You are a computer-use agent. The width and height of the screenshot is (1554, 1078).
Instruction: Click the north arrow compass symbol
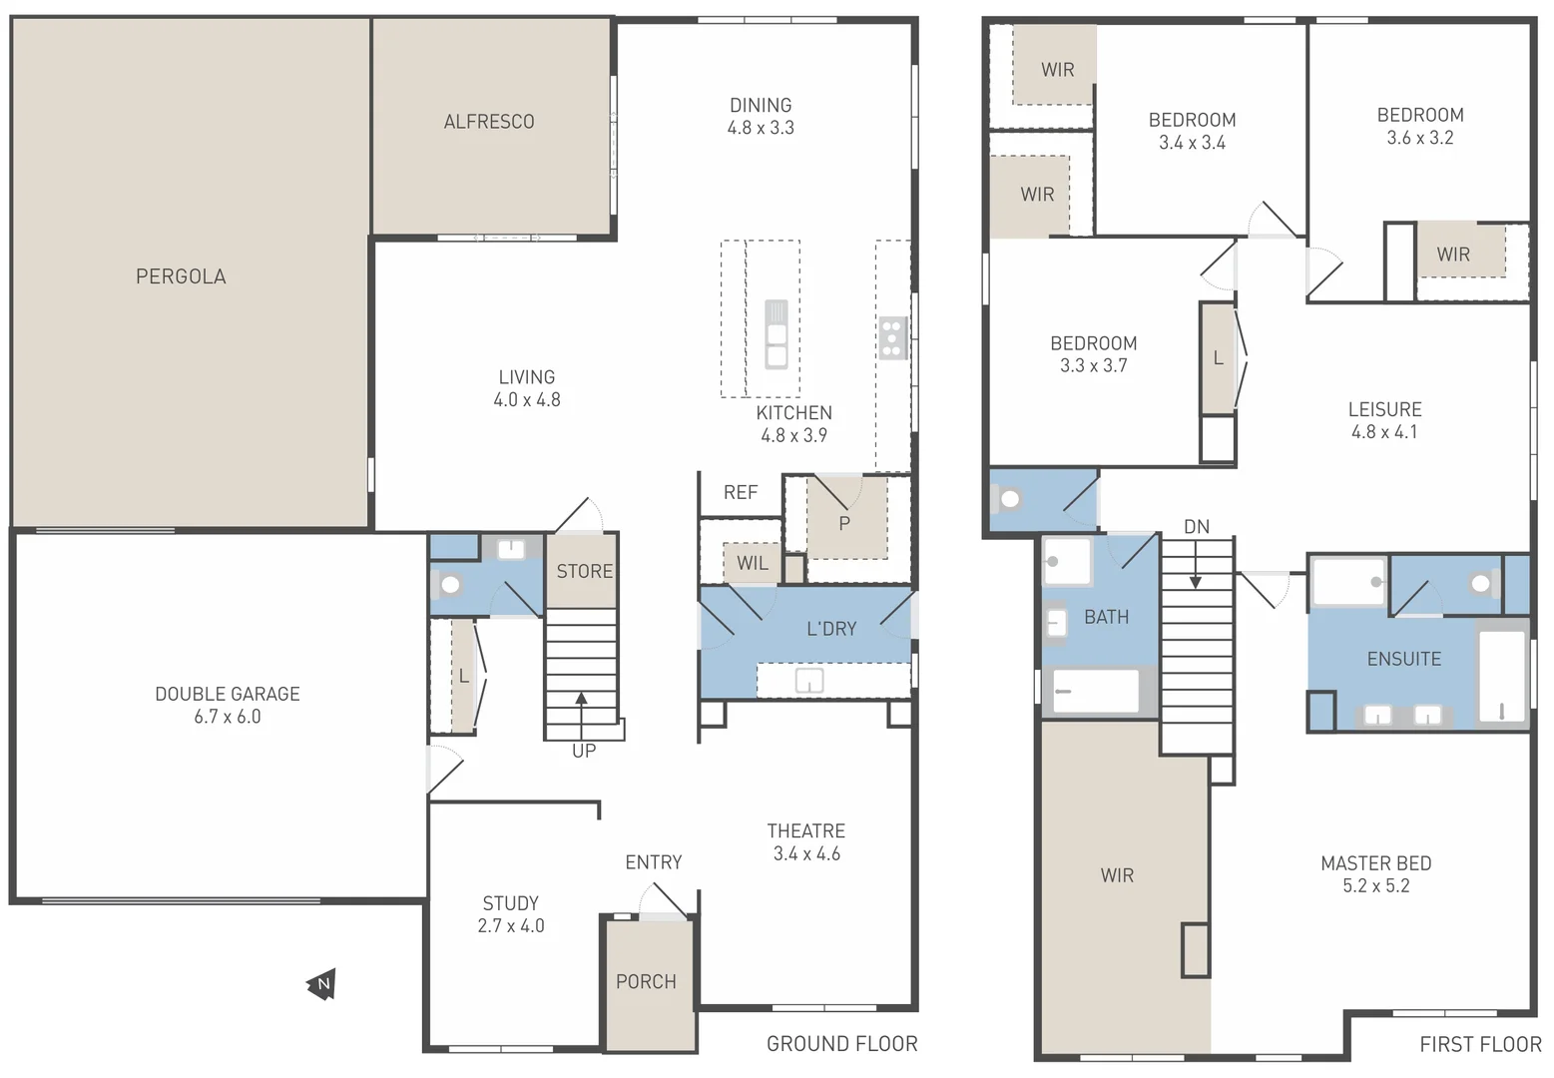[x=321, y=984]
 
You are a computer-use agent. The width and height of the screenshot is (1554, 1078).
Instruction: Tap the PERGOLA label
[x=181, y=276]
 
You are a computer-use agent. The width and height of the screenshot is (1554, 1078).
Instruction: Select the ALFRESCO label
[x=489, y=122]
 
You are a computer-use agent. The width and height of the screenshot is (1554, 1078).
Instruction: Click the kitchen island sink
[x=776, y=334]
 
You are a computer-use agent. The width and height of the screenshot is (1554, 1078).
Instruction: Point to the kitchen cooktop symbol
[x=891, y=338]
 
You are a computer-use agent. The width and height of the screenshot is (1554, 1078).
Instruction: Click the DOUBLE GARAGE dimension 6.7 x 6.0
[x=228, y=717]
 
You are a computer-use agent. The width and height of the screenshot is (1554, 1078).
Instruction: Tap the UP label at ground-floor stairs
[x=584, y=751]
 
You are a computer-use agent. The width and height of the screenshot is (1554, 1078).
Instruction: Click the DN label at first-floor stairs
[x=1196, y=526]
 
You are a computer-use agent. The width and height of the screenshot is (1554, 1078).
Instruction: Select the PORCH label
[x=646, y=982]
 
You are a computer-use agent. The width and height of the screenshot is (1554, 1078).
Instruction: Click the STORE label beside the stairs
[x=585, y=572]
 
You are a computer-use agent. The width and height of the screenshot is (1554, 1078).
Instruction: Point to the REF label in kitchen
[x=741, y=492]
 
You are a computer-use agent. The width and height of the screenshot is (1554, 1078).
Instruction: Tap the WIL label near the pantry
[x=753, y=563]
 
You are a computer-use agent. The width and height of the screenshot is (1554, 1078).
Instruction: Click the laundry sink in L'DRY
[x=808, y=681]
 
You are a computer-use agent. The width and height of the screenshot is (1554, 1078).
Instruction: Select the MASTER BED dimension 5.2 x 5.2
[x=1375, y=886]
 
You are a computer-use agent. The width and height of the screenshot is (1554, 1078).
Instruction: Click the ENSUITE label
[x=1403, y=659]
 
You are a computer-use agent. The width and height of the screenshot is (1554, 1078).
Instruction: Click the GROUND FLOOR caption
[x=841, y=1044]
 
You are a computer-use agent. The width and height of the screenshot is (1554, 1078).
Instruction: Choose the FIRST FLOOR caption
[x=1480, y=1044]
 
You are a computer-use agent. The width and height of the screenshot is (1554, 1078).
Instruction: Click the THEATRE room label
[x=805, y=830]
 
